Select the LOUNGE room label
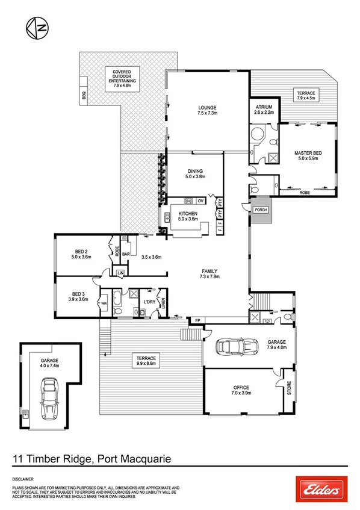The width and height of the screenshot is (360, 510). (207, 108)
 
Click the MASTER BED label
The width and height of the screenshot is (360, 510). (308, 154)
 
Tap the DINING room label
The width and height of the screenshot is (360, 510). (195, 171)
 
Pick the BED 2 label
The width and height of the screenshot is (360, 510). (81, 252)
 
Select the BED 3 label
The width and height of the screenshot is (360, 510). (78, 294)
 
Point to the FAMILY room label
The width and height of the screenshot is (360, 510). (209, 272)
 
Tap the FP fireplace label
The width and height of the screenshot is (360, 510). (196, 320)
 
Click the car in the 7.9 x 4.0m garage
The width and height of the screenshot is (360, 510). (232, 347)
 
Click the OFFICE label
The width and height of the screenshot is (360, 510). (241, 388)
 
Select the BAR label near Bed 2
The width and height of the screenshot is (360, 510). (126, 255)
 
